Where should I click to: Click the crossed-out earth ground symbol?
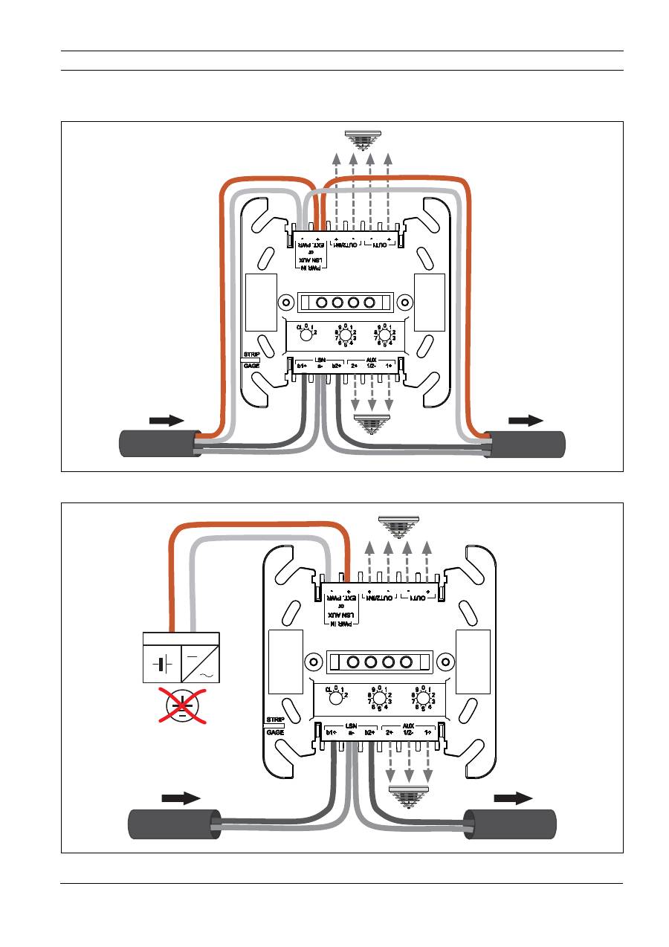point(181,705)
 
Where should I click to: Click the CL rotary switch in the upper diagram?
point(306,334)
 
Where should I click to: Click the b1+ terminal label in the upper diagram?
point(303,366)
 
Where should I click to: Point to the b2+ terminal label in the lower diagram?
point(370,733)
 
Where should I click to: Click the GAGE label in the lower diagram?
point(275,732)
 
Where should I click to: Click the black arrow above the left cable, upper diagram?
point(167,421)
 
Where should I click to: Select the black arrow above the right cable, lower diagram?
point(514,798)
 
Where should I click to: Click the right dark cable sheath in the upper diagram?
point(525,445)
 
